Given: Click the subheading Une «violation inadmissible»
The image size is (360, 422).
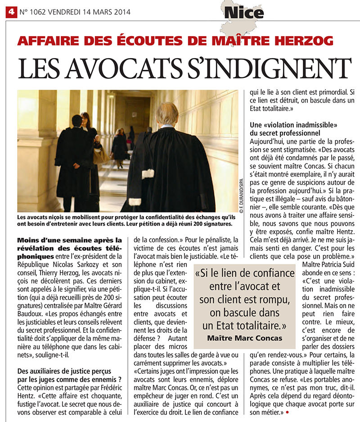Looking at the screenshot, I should click(x=293, y=124).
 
